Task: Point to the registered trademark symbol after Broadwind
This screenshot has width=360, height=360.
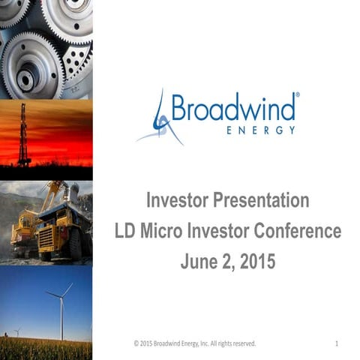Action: (x=298, y=96)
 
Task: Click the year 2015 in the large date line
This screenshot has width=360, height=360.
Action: (x=255, y=262)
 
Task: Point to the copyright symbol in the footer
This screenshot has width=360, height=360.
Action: (x=136, y=343)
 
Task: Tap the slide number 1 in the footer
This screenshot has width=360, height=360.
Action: (x=337, y=343)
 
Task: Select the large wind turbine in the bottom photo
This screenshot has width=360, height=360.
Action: (x=61, y=304)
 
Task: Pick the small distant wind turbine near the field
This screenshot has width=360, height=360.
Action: (x=17, y=331)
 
